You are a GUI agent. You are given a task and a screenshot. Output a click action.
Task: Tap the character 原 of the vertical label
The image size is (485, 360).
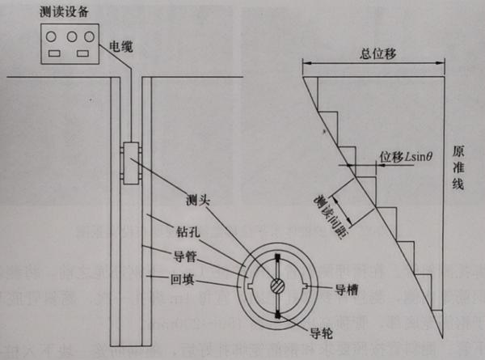point(458,153)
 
